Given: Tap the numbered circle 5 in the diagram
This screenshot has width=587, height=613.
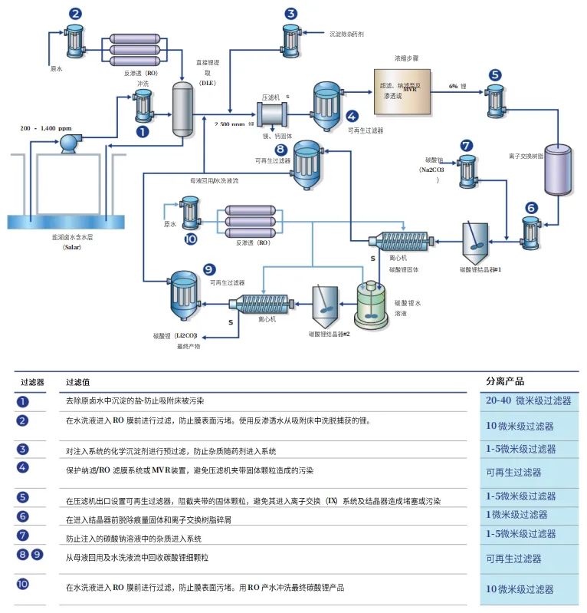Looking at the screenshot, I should [495, 74].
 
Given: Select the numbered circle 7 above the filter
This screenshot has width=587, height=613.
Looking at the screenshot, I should [467, 145].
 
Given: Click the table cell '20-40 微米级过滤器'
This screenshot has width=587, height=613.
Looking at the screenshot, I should [528, 400].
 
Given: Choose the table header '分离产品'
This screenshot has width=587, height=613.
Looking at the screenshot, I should [505, 381].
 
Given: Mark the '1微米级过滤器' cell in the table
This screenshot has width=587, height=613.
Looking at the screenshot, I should [516, 515].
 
